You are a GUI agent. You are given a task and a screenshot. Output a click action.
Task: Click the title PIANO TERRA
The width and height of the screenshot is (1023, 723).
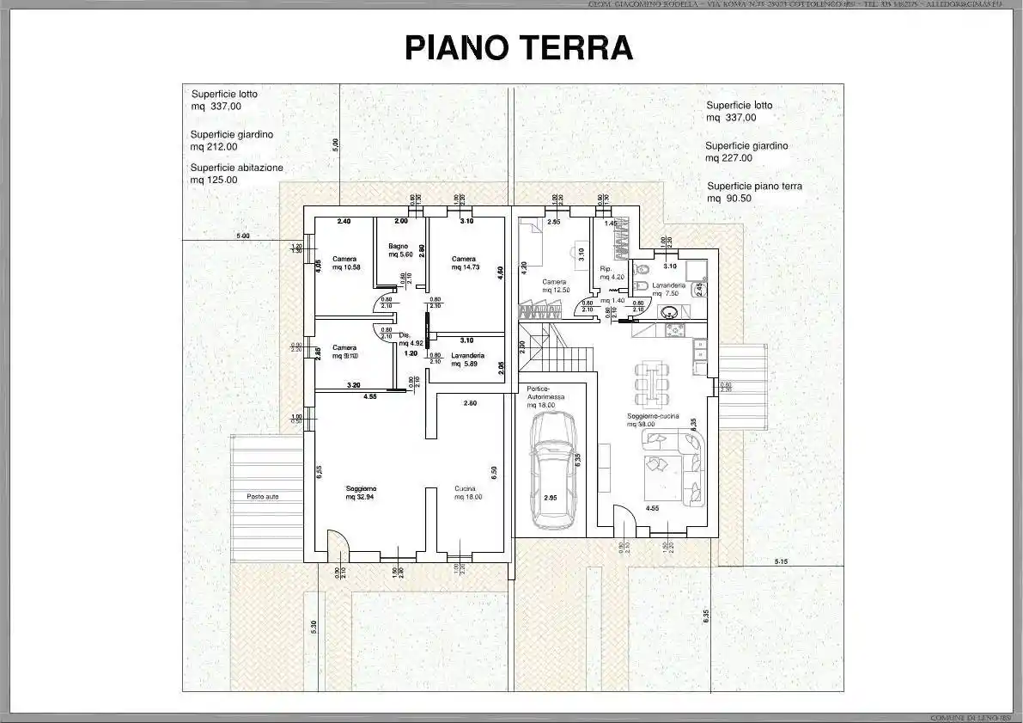pyautogui.click(x=519, y=49)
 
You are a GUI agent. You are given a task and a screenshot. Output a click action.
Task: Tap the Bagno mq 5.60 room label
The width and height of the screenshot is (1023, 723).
pyautogui.click(x=399, y=250)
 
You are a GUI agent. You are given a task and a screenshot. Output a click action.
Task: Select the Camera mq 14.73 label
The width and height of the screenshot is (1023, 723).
pyautogui.click(x=464, y=263)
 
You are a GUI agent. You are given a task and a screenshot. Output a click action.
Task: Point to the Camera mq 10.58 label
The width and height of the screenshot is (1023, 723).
pyautogui.click(x=345, y=263)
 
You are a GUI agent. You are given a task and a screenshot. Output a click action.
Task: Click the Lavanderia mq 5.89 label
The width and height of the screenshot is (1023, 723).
pyautogui.click(x=467, y=359)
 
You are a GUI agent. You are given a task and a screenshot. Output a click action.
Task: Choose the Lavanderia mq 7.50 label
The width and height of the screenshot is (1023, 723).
pyautogui.click(x=667, y=289)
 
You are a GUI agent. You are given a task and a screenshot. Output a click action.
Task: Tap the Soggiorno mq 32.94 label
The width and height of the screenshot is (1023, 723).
pyautogui.click(x=361, y=493)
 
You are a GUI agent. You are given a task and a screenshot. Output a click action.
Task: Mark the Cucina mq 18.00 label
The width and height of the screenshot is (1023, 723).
pyautogui.click(x=468, y=493)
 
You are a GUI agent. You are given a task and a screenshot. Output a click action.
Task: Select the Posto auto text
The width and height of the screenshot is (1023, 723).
pyautogui.click(x=262, y=497)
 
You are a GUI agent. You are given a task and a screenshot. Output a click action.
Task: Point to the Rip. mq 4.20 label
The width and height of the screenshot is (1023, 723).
pyautogui.click(x=611, y=273)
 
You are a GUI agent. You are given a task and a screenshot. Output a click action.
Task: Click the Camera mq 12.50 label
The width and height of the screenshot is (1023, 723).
pyautogui.click(x=554, y=285)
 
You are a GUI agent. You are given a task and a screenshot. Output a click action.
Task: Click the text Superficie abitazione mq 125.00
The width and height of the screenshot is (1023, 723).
pyautogui.click(x=236, y=174)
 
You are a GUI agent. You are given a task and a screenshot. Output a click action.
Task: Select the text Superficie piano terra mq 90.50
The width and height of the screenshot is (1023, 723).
pyautogui.click(x=755, y=192)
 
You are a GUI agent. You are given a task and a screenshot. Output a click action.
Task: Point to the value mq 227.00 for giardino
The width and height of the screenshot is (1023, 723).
pyautogui.click(x=728, y=158)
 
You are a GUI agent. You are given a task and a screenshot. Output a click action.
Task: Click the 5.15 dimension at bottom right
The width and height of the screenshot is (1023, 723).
pyautogui.click(x=781, y=561)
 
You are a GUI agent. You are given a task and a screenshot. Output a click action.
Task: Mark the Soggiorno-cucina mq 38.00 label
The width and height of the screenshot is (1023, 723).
pyautogui.click(x=653, y=420)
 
